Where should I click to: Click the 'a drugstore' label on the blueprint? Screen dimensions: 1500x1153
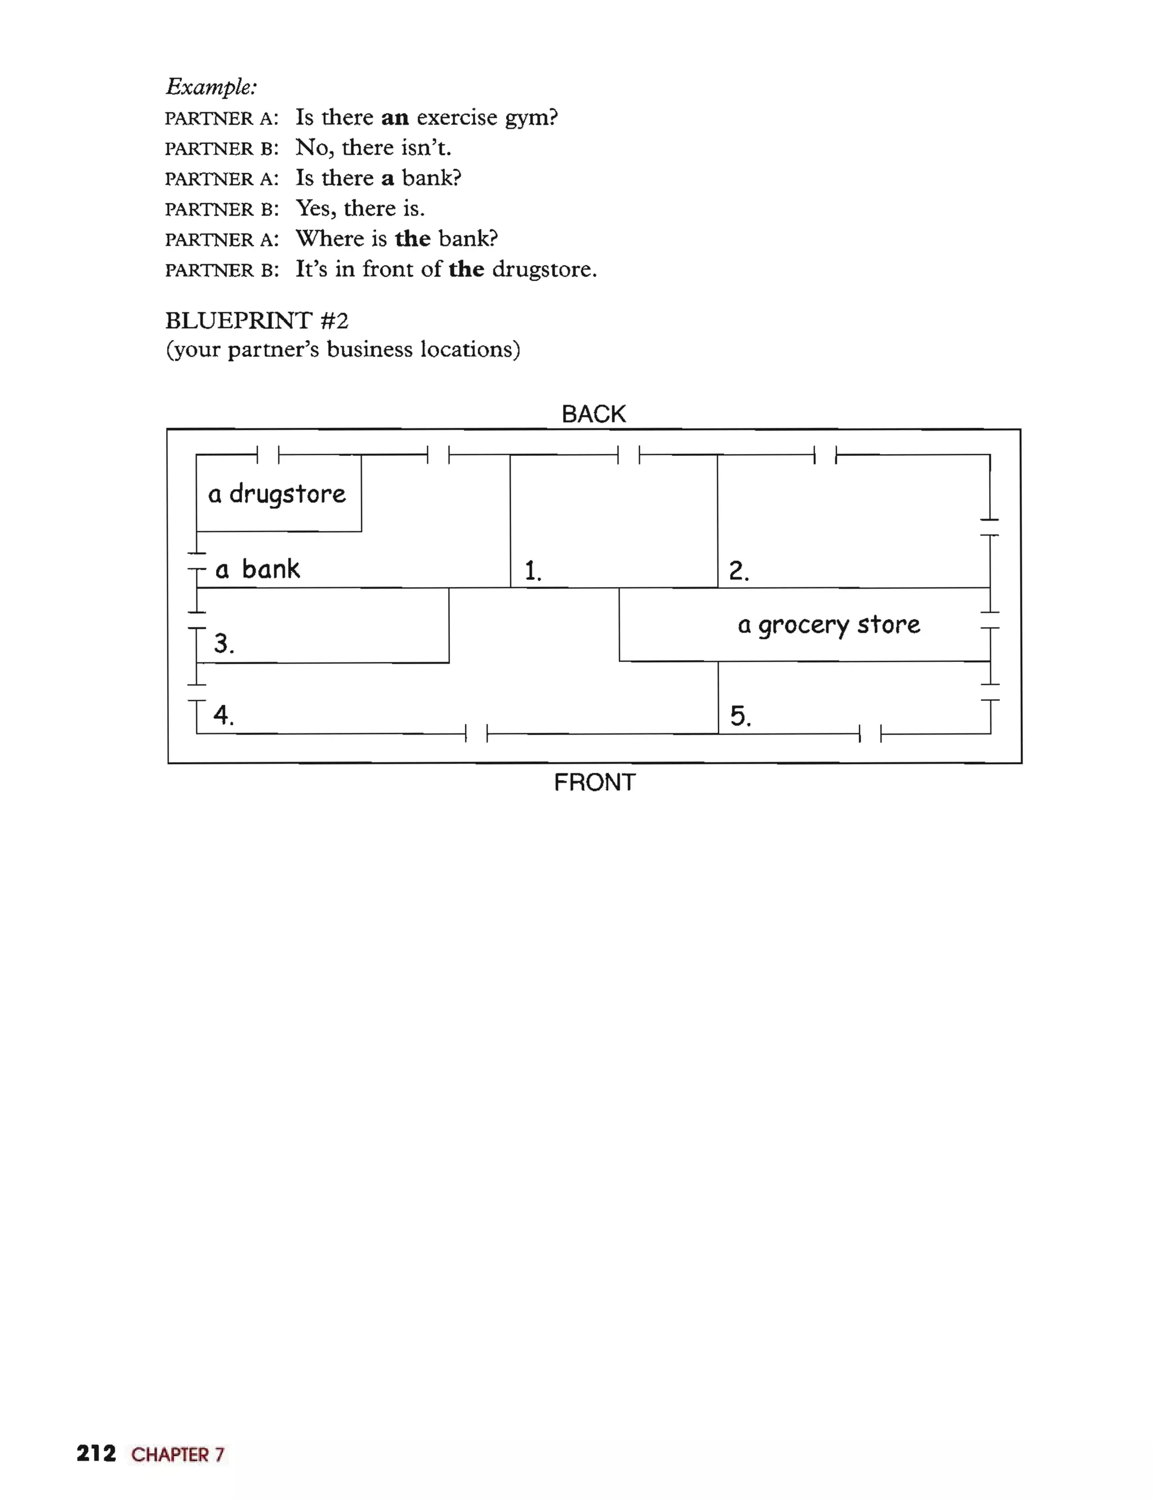pos(276,494)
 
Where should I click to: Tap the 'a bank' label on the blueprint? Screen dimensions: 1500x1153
pos(257,569)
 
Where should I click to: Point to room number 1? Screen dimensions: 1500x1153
pos(533,571)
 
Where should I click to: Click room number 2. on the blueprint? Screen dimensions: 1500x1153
pos(739,571)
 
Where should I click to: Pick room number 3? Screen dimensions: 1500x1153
pos(224,644)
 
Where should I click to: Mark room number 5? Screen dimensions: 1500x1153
pos(740,717)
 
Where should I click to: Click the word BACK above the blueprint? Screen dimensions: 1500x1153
pos(593,414)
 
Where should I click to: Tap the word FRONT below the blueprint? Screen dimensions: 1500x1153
pos(595,782)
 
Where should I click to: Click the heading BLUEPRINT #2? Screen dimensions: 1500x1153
pos(257,320)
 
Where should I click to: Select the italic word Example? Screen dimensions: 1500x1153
pos(211,87)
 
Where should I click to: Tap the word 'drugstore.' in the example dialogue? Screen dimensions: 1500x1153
pos(544,269)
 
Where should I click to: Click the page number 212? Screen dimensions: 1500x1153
pos(96,1453)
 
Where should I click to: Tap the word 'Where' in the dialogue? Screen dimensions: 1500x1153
pos(331,239)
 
